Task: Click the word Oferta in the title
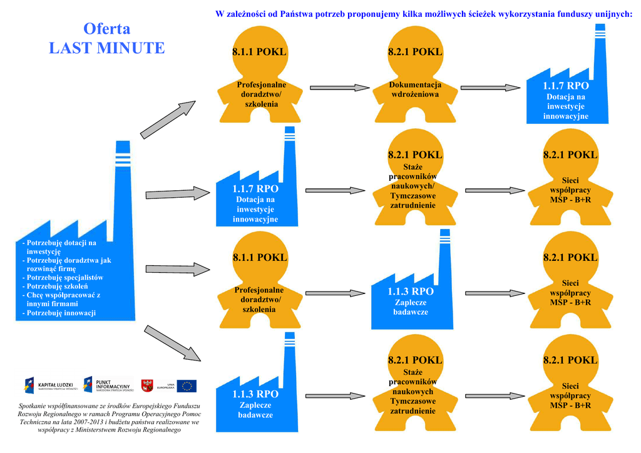[x=106, y=29]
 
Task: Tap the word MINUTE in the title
[x=131, y=48]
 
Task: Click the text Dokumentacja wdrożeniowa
[x=415, y=89]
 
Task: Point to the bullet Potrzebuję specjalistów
[x=65, y=277]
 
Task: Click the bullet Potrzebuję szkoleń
[x=57, y=286]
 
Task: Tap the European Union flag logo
[x=187, y=385]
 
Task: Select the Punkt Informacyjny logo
[x=108, y=385]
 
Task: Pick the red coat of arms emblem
[x=148, y=385]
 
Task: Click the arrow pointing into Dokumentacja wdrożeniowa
[x=341, y=88]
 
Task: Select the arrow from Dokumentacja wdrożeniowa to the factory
[x=493, y=88]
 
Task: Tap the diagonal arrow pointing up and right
[x=168, y=118]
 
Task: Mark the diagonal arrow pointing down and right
[x=172, y=342]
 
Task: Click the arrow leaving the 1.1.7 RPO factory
[x=336, y=190]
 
